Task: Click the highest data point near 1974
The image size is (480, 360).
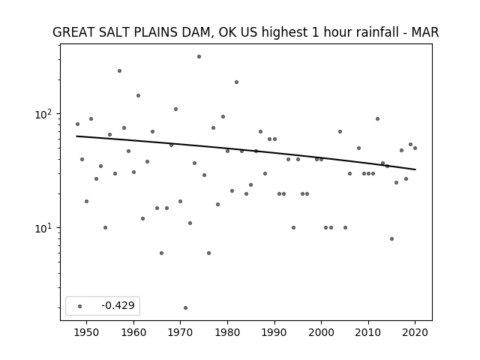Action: click(199, 57)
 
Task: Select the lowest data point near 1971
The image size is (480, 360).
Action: click(185, 308)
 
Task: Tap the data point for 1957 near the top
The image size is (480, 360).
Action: click(119, 71)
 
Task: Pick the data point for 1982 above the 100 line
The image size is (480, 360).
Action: click(237, 82)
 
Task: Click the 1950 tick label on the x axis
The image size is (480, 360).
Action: click(87, 332)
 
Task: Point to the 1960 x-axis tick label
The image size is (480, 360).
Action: click(133, 332)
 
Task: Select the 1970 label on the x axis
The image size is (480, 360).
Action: click(180, 332)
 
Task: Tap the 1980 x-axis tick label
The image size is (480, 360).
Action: click(227, 332)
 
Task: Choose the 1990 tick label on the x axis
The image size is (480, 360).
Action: click(274, 332)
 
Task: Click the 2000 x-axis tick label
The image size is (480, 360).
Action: click(321, 332)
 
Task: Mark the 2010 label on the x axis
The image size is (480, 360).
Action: click(368, 332)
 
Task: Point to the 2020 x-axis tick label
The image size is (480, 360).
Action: click(415, 332)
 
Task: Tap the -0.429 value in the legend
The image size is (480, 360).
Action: click(118, 305)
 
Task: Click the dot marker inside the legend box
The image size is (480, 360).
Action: click(80, 306)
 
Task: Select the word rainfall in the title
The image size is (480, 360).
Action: click(373, 32)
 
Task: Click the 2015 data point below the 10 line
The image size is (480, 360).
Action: click(391, 238)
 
